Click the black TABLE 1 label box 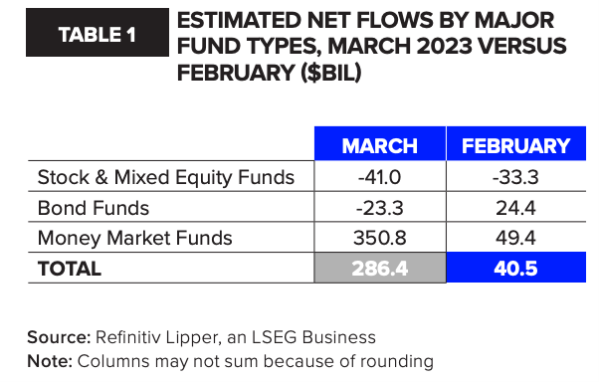pyautogui.click(x=98, y=33)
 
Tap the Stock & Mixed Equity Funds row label pyautogui.click(x=166, y=178)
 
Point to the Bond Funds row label pyautogui.click(x=94, y=208)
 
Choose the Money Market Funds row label pyautogui.click(x=135, y=239)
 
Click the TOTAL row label pyautogui.click(x=70, y=269)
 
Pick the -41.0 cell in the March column pyautogui.click(x=380, y=177)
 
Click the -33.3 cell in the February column pyautogui.click(x=515, y=177)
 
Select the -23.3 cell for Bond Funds pyautogui.click(x=380, y=208)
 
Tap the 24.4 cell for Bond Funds pyautogui.click(x=515, y=208)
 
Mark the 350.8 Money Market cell pyautogui.click(x=380, y=238)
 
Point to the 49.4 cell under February pyautogui.click(x=515, y=238)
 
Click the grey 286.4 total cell pyautogui.click(x=380, y=268)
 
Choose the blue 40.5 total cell pyautogui.click(x=516, y=268)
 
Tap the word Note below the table pyautogui.click(x=50, y=361)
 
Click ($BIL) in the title pyautogui.click(x=330, y=73)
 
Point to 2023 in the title pyautogui.click(x=445, y=46)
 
